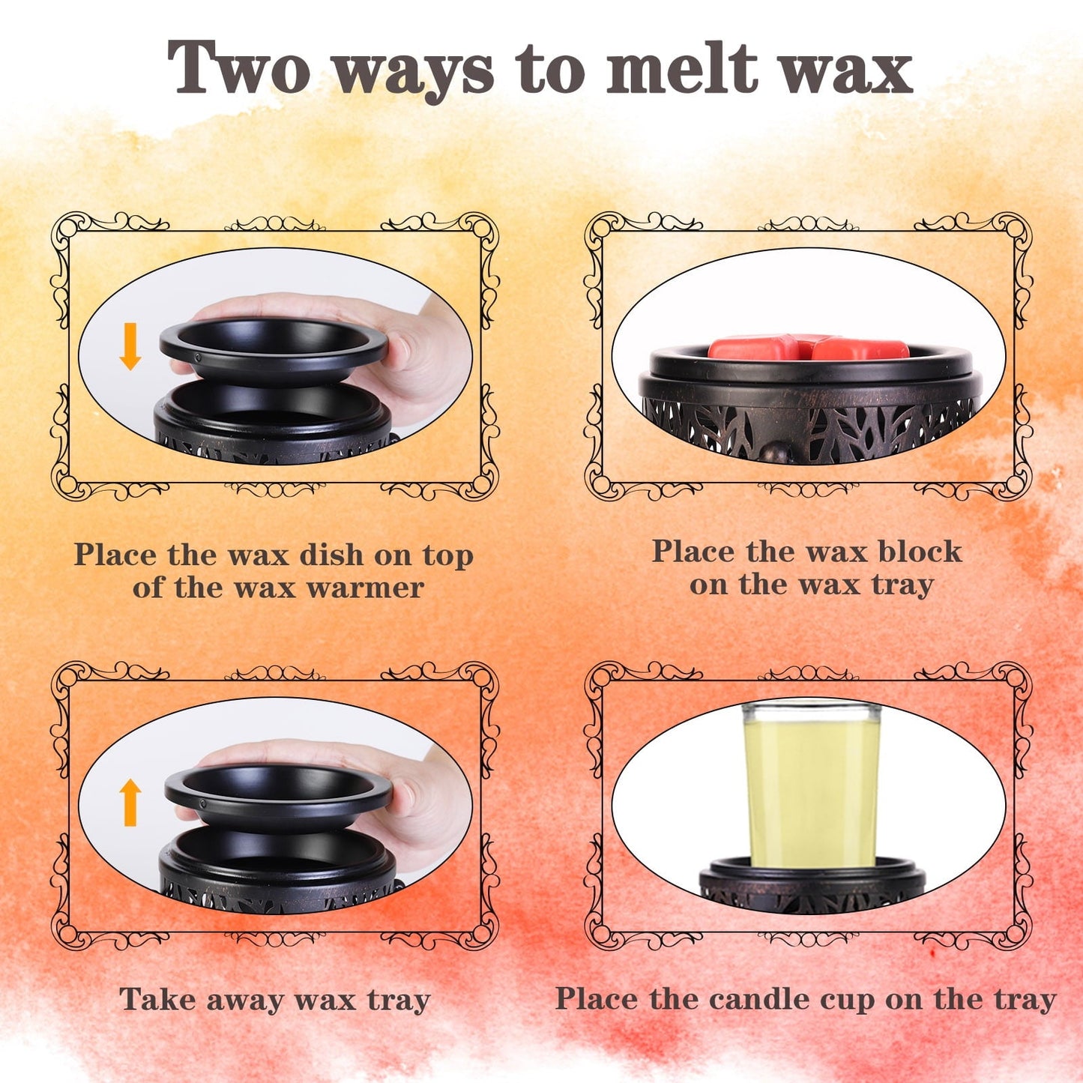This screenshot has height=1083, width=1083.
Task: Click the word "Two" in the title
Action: (239, 67)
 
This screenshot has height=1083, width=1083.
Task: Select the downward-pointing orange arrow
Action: (130, 346)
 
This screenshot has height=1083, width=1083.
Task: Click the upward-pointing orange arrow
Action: (130, 802)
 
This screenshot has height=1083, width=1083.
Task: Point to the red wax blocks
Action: (808, 347)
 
